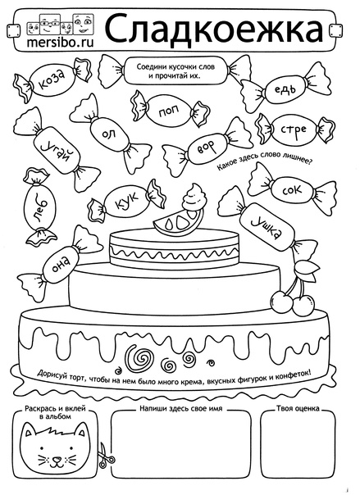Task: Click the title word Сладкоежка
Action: tap(214, 28)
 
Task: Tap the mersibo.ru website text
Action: tap(61, 43)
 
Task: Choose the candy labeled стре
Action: tap(293, 129)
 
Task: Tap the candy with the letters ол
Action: tap(109, 134)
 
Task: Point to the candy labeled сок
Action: tap(292, 190)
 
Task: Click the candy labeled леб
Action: tap(39, 207)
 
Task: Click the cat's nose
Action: tap(57, 458)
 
